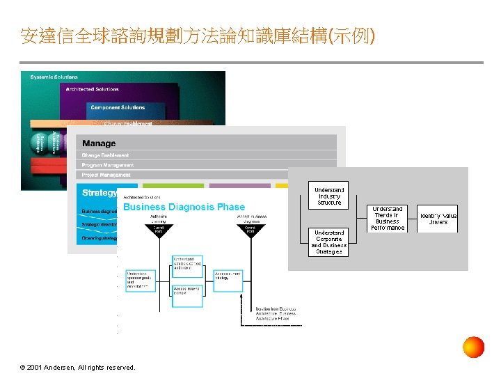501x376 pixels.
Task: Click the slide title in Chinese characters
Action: pyautogui.click(x=198, y=36)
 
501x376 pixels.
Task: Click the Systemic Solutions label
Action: pyautogui.click(x=54, y=77)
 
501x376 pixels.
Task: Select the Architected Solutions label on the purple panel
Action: pyautogui.click(x=93, y=89)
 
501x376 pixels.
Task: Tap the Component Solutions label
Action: pyautogui.click(x=118, y=107)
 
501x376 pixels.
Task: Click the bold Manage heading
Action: pyautogui.click(x=99, y=143)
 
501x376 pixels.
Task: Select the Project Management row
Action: pyautogui.click(x=106, y=175)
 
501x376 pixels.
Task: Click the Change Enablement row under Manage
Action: pyautogui.click(x=105, y=155)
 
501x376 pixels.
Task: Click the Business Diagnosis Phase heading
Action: pyautogui.click(x=184, y=207)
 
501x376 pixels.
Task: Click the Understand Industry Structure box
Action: pyautogui.click(x=329, y=196)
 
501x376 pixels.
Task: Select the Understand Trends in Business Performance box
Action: pyautogui.click(x=387, y=218)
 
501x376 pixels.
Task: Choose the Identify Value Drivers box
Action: pyautogui.click(x=438, y=219)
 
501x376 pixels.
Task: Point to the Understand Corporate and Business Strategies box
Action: pyautogui.click(x=328, y=242)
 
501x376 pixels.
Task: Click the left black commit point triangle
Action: pyautogui.click(x=159, y=230)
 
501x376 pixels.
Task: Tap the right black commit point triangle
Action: pyautogui.click(x=252, y=230)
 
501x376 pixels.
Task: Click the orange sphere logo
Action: pyautogui.click(x=473, y=347)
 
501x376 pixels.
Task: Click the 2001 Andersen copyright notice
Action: pyautogui.click(x=78, y=367)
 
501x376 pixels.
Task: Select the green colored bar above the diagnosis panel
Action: pyautogui.click(x=183, y=186)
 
